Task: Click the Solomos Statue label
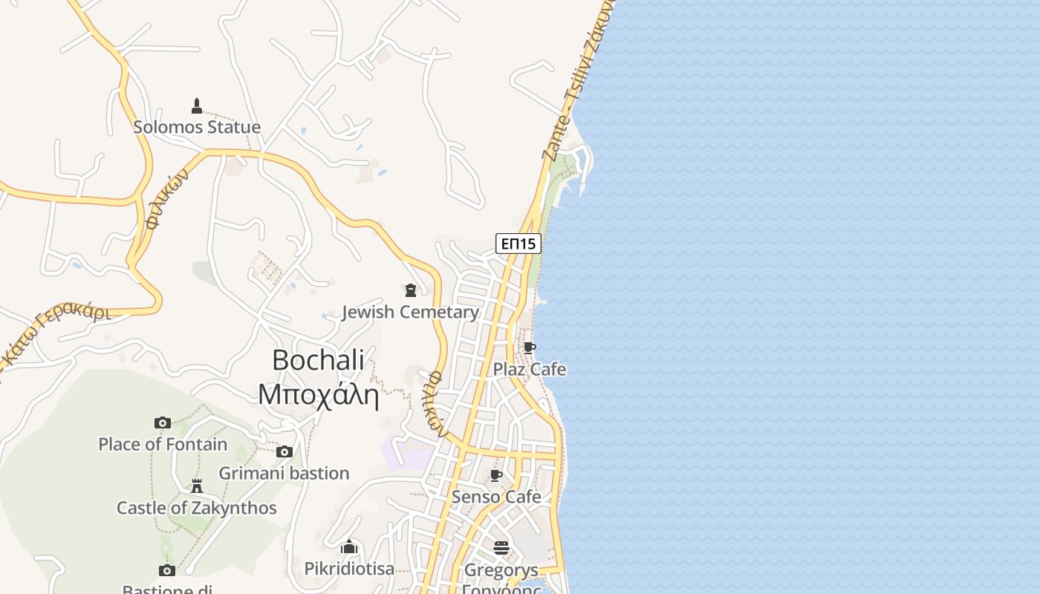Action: coord(197,127)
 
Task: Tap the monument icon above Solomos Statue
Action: coord(197,105)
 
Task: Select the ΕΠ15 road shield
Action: coord(518,244)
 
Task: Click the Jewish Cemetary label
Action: coord(410,312)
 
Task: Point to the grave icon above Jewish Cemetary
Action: coord(410,290)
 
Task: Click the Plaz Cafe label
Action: coord(530,369)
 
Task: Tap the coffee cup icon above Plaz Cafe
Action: coord(530,347)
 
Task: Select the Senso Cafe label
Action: coord(496,497)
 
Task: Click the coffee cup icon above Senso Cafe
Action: coord(496,475)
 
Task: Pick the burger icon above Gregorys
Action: coord(501,549)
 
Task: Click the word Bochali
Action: coord(318,360)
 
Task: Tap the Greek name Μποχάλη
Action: coord(318,394)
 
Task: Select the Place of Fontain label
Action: coord(163,444)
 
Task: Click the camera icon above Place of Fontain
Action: coord(163,423)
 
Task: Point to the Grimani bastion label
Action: coord(284,473)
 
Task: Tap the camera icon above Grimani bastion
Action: coord(284,451)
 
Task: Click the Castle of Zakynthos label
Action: coord(197,508)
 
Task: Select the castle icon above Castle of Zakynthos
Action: coord(197,486)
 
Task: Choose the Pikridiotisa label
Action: coord(349,569)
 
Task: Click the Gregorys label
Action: coord(501,570)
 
